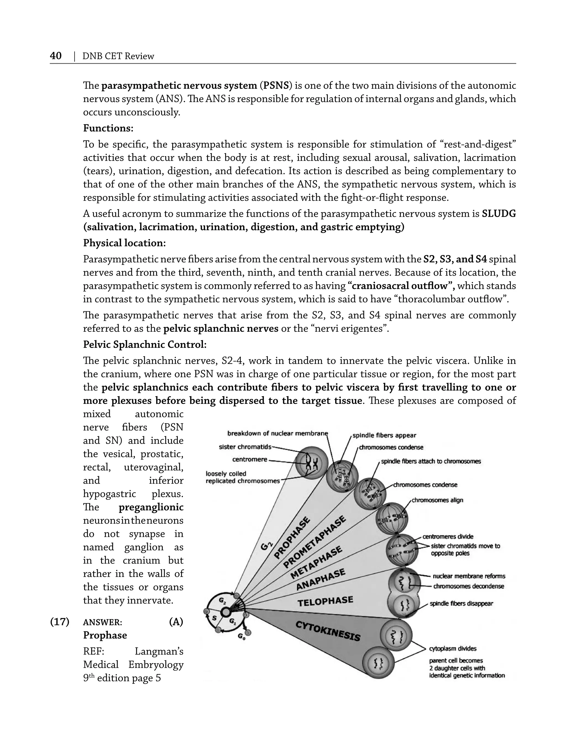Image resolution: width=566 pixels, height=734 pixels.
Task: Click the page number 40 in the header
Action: click(56, 56)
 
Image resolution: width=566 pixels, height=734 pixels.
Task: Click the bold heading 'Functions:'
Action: click(108, 128)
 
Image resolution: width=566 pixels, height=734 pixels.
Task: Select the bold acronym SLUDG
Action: click(499, 214)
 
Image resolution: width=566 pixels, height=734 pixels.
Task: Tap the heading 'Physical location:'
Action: click(124, 243)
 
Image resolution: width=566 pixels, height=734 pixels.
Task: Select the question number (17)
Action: click(60, 622)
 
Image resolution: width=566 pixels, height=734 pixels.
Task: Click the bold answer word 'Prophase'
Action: click(105, 635)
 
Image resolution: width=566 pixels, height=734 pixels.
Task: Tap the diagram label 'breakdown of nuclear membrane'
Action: click(277, 433)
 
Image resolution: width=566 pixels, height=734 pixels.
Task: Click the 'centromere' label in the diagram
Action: click(250, 459)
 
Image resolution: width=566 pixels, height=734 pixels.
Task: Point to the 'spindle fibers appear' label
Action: click(384, 435)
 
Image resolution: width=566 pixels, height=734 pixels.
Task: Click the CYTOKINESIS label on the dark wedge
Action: click(328, 631)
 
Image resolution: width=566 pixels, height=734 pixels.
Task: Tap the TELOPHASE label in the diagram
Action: click(325, 601)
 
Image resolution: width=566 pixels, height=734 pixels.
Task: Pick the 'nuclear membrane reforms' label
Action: click(469, 576)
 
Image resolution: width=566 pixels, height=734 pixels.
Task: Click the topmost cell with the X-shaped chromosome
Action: click(312, 463)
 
